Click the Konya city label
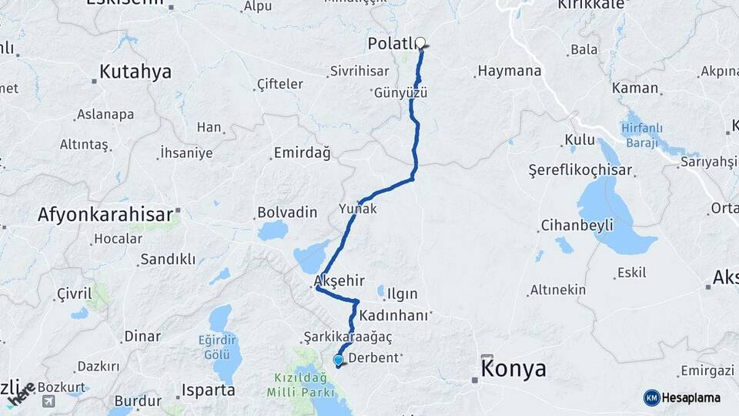[x=513, y=369]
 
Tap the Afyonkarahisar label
[x=105, y=215]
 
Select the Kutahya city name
[x=135, y=72]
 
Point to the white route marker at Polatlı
[x=420, y=43]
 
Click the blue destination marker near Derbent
[x=338, y=360]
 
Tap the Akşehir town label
[x=339, y=281]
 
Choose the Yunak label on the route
[x=359, y=209]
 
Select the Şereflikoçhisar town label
[x=580, y=171]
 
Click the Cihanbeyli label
[x=577, y=226]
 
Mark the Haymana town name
[x=510, y=71]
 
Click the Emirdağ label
[x=302, y=153]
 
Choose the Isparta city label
[x=207, y=390]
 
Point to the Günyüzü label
[x=400, y=92]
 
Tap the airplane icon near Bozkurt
[x=48, y=401]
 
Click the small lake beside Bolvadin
[x=273, y=230]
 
